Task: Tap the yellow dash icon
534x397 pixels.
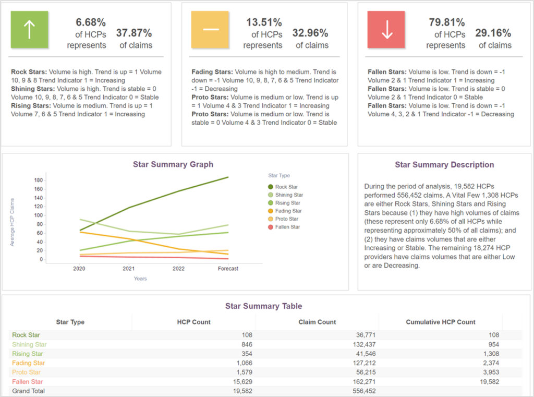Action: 211,30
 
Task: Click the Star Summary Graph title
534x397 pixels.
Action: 173,164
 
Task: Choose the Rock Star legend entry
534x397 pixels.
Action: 286,187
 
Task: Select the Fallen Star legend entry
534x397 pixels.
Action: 287,227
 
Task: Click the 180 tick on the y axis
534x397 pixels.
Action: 38,181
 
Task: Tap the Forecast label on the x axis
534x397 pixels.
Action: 228,269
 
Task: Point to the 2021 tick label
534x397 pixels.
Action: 129,269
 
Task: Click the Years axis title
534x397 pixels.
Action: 140,279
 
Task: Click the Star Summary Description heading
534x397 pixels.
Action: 444,165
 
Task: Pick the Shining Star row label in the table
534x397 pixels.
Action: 30,344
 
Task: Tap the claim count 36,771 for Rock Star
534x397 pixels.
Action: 363,335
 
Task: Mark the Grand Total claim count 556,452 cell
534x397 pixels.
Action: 361,391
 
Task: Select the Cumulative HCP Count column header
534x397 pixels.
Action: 441,322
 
